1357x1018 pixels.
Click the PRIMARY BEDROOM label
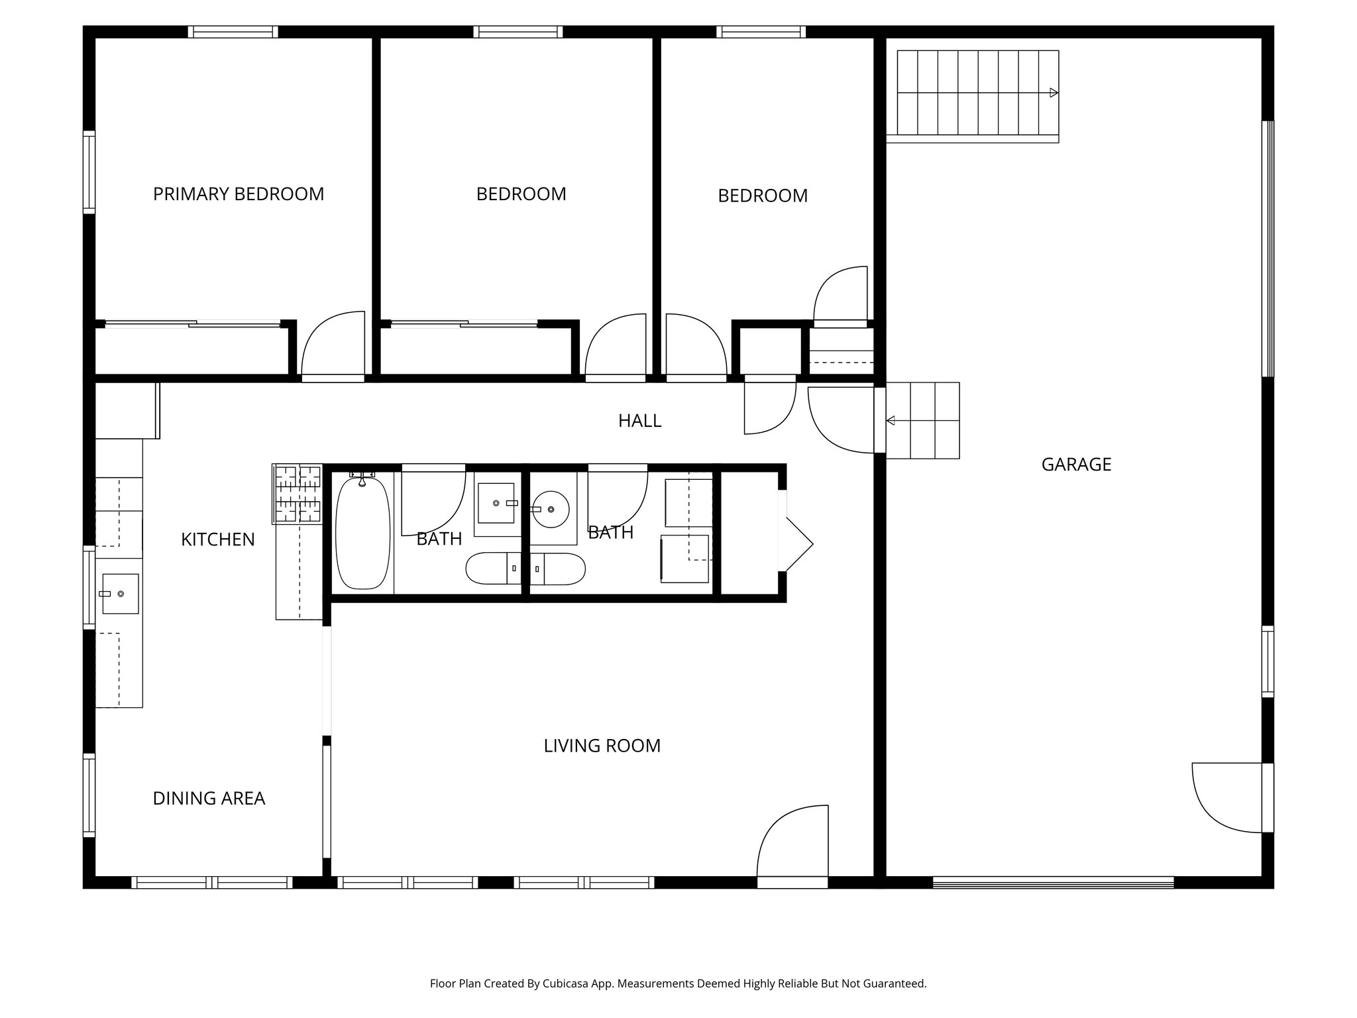pos(239,194)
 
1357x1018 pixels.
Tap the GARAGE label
pos(1076,465)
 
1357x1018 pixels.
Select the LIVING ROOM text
pos(602,746)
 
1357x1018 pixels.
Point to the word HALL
pos(639,421)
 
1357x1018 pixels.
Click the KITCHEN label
pos(218,539)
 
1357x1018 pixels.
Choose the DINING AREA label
pos(209,799)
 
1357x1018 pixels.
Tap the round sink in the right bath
pos(551,509)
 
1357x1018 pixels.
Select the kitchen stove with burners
pos(298,494)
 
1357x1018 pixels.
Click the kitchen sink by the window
pos(120,593)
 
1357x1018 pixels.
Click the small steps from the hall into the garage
pos(924,421)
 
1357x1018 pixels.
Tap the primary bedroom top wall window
pos(233,32)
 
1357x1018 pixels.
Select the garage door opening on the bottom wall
pos(1053,882)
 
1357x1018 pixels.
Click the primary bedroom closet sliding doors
pos(193,324)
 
